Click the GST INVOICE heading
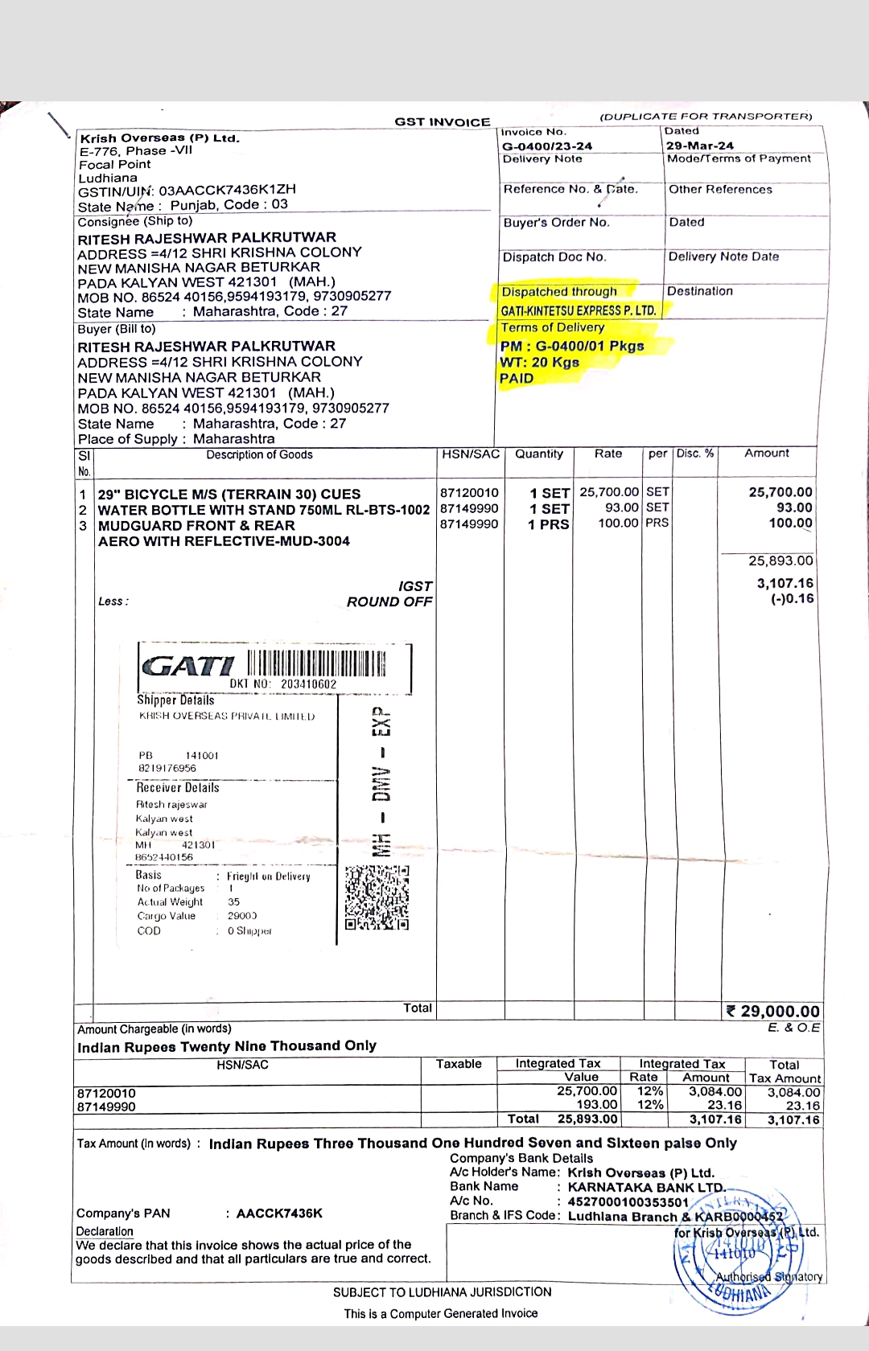[x=442, y=122]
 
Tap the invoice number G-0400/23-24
[x=546, y=146]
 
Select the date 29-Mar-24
[x=699, y=146]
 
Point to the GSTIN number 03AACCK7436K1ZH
[x=227, y=191]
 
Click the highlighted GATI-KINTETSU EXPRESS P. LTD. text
[x=578, y=310]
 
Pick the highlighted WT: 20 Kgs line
[x=539, y=362]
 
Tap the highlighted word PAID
[x=517, y=378]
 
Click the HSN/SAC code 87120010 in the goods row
[x=469, y=492]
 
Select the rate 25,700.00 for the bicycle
[x=609, y=491]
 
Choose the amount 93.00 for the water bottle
[x=793, y=507]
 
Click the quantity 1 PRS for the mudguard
[x=548, y=524]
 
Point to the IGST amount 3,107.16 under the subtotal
[x=785, y=583]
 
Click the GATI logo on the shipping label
[x=187, y=666]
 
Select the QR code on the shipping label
[x=377, y=897]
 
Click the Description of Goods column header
[x=259, y=455]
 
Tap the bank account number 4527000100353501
[x=628, y=1201]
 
